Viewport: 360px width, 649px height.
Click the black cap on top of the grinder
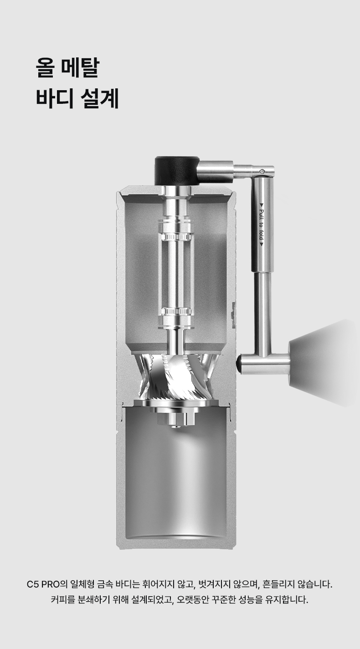tap(177, 171)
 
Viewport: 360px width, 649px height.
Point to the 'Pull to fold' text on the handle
tap(262, 228)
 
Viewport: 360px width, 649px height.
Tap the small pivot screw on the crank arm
tap(262, 171)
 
